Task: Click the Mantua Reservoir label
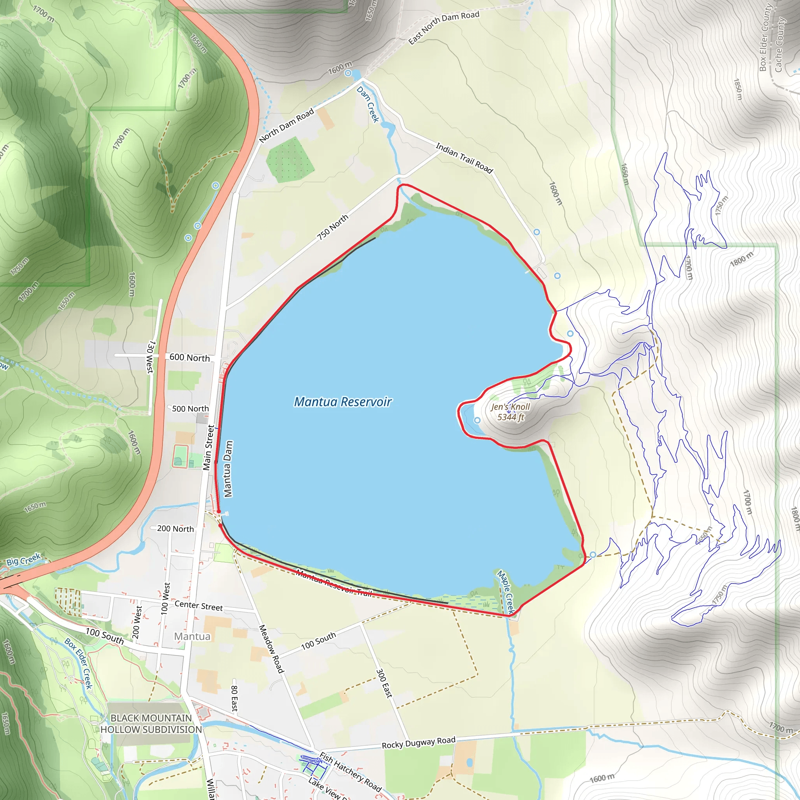(343, 402)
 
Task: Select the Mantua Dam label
(228, 468)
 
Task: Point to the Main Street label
(209, 448)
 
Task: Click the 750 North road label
(332, 227)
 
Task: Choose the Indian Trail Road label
(464, 158)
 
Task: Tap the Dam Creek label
(368, 104)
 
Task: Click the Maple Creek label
(505, 592)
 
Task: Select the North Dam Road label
(287, 125)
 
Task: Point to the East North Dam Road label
(443, 27)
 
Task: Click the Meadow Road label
(271, 649)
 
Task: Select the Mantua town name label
(192, 636)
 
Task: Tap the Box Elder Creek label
(78, 663)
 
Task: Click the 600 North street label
(189, 357)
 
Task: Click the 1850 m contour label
(737, 89)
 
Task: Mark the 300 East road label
(384, 683)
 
